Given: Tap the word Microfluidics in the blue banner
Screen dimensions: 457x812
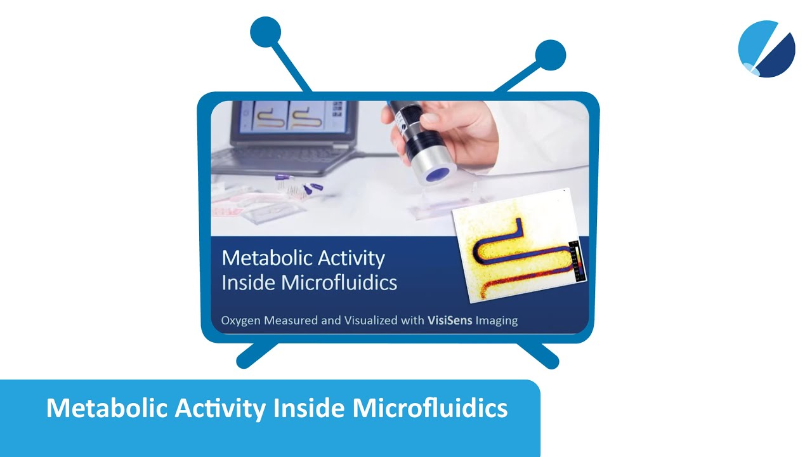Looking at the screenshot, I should point(430,408).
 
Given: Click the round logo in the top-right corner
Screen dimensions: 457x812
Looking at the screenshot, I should point(766,49).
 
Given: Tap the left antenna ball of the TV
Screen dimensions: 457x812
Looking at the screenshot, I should point(265,32).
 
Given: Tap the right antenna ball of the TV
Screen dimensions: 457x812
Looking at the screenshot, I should point(550,55).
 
